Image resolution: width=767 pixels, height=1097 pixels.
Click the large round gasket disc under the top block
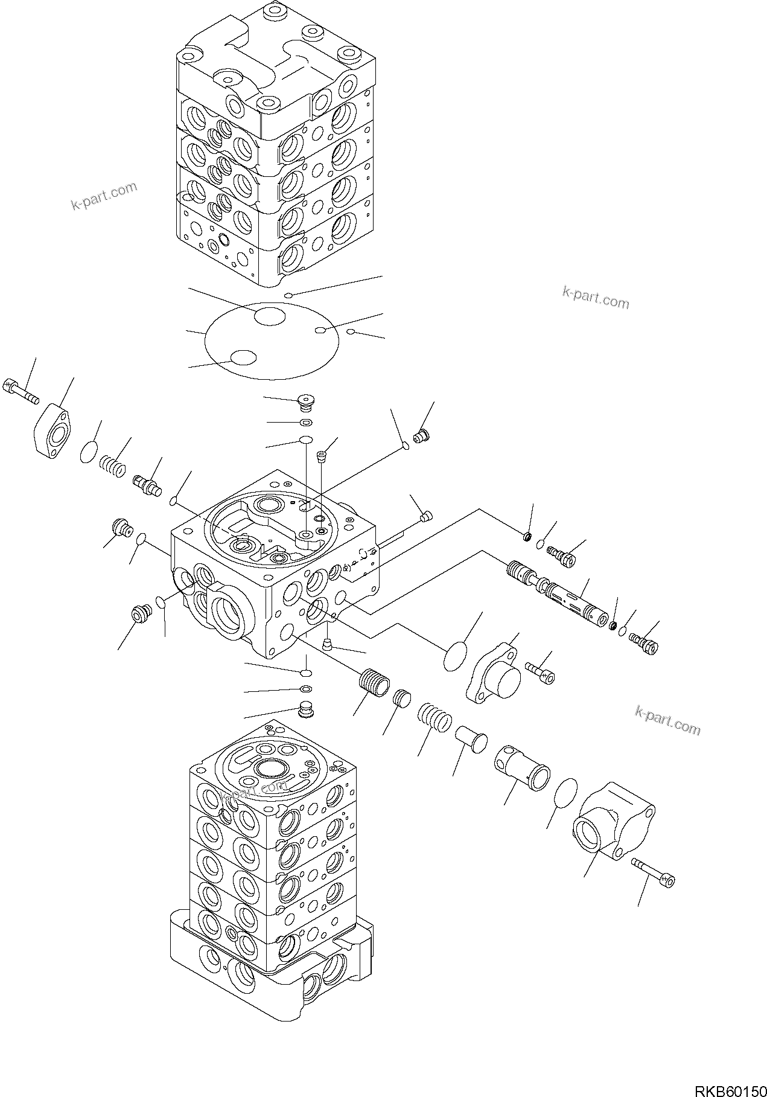(272, 341)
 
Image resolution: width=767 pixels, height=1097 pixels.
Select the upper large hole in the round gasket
(269, 316)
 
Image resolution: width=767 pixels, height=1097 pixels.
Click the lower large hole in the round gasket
(245, 357)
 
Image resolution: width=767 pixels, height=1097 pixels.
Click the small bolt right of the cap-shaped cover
(539, 671)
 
